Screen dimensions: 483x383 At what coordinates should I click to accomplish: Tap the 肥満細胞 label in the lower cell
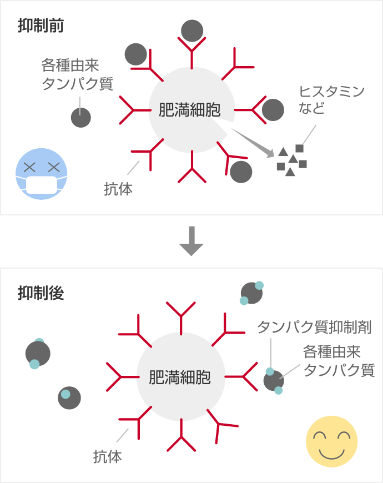coord(180,378)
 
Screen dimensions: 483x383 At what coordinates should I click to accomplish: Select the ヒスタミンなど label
coord(331,99)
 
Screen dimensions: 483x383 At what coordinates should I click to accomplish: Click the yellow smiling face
coord(331,441)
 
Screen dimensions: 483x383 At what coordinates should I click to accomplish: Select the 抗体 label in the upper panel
coord(118,189)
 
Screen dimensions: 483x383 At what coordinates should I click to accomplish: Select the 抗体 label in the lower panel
coord(107,457)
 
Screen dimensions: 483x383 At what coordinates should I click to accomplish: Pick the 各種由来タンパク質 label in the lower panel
coord(339,361)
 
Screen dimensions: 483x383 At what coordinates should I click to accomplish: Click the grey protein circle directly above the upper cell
coord(192,31)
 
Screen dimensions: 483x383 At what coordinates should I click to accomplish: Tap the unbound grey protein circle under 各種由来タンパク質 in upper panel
coord(80,117)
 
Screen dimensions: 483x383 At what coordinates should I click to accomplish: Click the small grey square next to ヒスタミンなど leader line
coord(300,148)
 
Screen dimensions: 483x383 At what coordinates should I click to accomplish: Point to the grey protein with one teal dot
coord(69,398)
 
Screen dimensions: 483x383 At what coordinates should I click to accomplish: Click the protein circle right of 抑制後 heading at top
coord(251,293)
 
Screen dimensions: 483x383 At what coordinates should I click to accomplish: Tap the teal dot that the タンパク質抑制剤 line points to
coord(270,371)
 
